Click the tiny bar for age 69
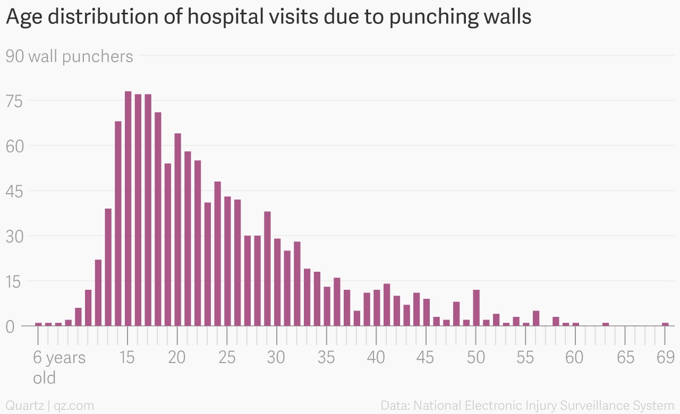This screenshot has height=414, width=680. click(665, 324)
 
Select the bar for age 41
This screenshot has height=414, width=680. click(387, 305)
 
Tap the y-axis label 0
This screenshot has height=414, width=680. click(11, 326)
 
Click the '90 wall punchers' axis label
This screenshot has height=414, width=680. click(69, 56)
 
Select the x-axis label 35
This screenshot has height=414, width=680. click(326, 357)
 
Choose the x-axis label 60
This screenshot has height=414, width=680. click(575, 357)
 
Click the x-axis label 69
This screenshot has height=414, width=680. click(665, 357)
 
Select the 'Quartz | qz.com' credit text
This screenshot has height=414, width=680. click(50, 406)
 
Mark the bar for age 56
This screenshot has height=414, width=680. click(536, 318)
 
